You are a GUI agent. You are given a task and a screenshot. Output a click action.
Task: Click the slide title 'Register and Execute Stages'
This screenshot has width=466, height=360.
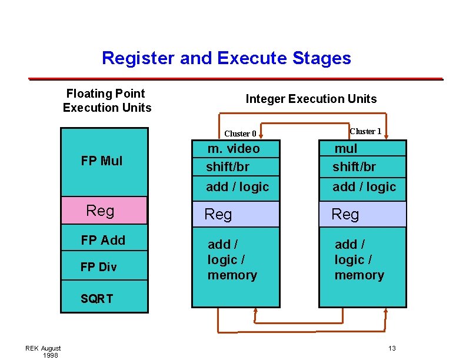point(226,58)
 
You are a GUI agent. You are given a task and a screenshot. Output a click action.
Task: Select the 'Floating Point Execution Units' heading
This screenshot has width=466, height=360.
point(106,101)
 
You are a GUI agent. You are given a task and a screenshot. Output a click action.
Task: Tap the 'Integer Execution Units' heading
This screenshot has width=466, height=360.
point(311,99)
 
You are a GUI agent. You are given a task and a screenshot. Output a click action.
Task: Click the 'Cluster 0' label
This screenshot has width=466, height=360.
point(240,134)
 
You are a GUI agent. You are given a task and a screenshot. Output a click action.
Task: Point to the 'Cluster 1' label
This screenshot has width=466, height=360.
point(365,131)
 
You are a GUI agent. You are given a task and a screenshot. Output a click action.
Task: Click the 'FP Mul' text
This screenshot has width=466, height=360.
point(102,161)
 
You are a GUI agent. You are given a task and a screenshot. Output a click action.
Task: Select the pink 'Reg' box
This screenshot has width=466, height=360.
point(104,211)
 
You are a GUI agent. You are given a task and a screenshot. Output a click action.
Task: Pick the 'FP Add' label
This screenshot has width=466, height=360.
point(103,240)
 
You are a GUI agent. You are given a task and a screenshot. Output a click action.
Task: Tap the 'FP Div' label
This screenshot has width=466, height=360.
point(98,267)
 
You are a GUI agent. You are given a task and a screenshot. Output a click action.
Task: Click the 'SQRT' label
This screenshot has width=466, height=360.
point(96,299)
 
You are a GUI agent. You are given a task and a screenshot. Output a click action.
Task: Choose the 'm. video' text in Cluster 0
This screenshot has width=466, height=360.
point(234,149)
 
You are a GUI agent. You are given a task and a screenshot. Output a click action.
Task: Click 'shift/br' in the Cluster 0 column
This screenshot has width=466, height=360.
point(227,167)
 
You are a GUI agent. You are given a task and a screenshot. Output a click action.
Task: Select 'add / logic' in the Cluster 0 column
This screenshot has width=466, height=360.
point(237,187)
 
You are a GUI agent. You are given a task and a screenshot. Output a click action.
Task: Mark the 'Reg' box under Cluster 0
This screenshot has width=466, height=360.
point(235,215)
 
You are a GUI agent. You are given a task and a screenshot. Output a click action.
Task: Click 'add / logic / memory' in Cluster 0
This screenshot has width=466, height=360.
point(232,259)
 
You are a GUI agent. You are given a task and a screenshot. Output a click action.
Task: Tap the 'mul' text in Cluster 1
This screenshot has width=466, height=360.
point(346,149)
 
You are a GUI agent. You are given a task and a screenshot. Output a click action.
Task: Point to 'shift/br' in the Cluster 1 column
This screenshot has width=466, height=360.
point(354,167)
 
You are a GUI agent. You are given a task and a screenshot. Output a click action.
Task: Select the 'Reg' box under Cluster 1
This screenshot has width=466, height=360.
point(362,215)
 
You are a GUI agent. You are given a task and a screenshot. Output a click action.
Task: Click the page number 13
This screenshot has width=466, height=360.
point(392,349)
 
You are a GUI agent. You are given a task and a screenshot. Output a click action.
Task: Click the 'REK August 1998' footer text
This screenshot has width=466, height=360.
point(43,352)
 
